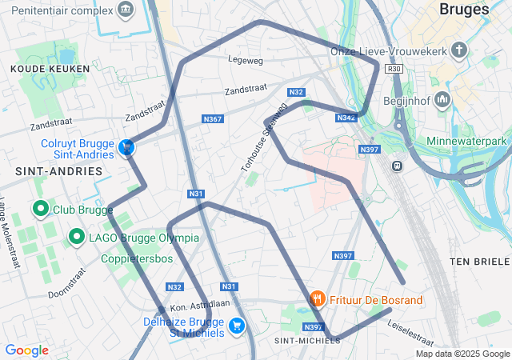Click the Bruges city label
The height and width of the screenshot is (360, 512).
[x=465, y=10]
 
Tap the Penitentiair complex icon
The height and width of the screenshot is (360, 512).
[x=126, y=10]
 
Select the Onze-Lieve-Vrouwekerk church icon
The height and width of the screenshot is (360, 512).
[x=458, y=51]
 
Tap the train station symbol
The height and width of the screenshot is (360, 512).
[x=396, y=165]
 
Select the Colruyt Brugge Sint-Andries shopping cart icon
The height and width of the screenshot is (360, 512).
[x=126, y=146]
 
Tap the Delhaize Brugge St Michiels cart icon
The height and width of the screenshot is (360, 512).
[x=236, y=326]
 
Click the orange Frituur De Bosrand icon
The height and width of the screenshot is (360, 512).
[x=317, y=299]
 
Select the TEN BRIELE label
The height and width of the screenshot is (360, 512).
[x=479, y=262]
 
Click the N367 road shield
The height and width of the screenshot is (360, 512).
[x=213, y=119]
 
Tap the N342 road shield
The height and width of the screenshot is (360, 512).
[x=346, y=118]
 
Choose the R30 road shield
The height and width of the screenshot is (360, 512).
[x=393, y=69]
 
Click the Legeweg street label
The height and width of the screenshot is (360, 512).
[x=245, y=59]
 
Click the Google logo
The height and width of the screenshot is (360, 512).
[x=26, y=350]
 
